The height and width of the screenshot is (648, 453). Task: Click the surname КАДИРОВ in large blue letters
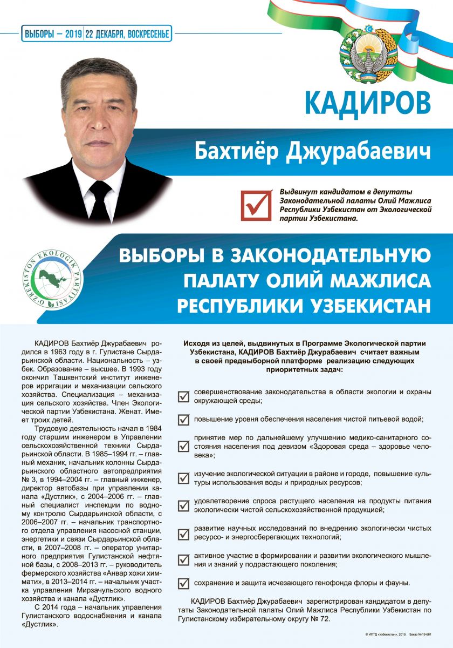368,102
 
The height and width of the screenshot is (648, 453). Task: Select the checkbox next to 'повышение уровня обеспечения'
184,420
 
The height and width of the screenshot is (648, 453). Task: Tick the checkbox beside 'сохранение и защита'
184,583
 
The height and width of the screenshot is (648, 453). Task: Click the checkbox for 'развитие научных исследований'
184,532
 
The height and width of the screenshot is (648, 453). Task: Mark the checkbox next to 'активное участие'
184,559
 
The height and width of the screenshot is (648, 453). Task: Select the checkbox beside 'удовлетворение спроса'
184,505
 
